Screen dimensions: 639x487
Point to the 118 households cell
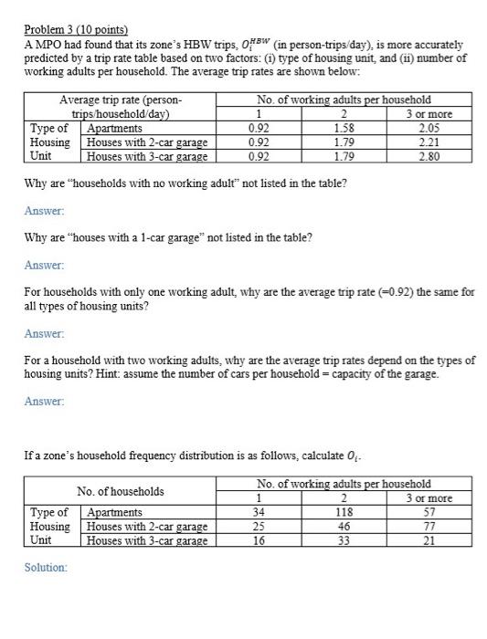tap(344, 512)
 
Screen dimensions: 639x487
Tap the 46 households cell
tap(344, 526)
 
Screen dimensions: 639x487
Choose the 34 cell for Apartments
tap(259, 512)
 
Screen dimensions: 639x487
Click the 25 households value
tap(259, 526)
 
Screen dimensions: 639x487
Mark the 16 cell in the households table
tap(259, 539)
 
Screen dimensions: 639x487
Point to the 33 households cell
tap(344, 539)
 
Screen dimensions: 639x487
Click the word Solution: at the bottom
tap(46, 568)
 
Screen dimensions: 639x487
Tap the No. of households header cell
tap(121, 491)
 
